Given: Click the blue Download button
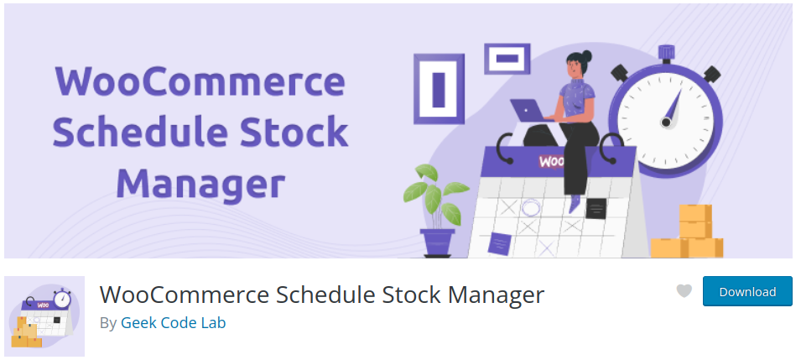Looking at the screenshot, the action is click(x=747, y=291).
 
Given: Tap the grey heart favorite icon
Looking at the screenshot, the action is click(x=684, y=291).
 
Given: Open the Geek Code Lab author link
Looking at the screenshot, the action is click(x=173, y=323).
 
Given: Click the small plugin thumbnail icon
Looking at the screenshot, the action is click(x=44, y=316).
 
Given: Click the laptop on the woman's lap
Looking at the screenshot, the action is click(x=529, y=110).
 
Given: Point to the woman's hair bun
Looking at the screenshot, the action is click(x=586, y=55).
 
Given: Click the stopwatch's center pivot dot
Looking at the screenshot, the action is click(x=666, y=123).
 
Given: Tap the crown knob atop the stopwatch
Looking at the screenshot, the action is click(x=666, y=52).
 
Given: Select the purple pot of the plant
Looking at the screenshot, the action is click(x=437, y=242).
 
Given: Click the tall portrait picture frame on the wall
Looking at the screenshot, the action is click(x=439, y=89).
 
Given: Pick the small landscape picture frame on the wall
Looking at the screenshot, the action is click(x=507, y=58).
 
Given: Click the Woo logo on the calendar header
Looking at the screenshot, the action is click(x=552, y=162).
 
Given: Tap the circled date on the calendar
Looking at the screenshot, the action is click(x=531, y=208).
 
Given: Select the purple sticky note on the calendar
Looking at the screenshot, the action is click(x=498, y=243).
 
